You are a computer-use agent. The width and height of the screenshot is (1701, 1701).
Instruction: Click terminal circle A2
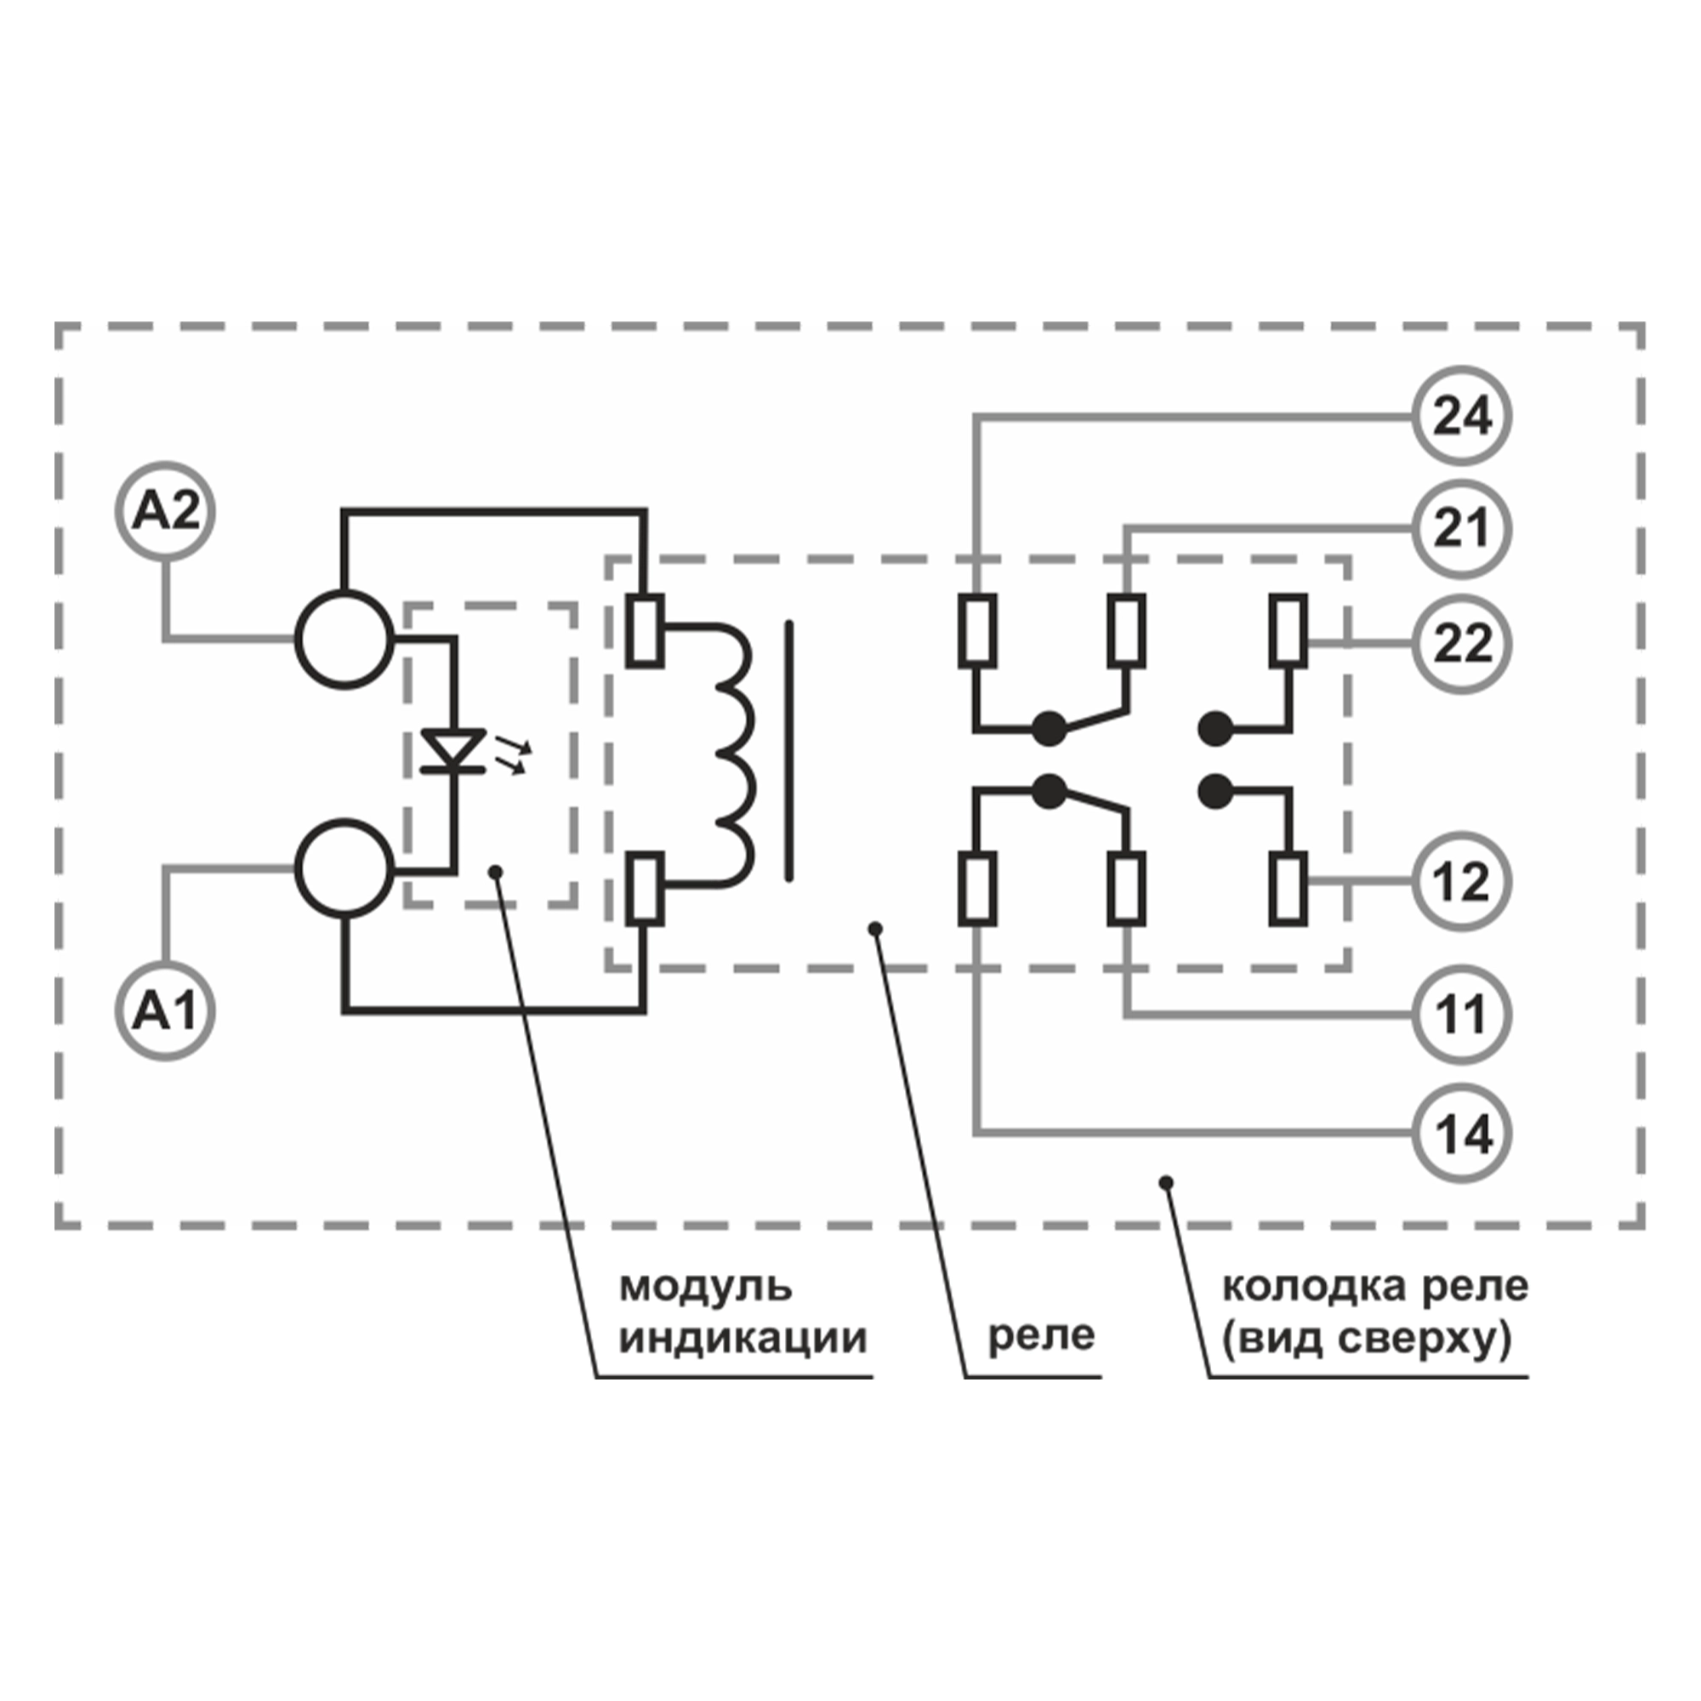[166, 511]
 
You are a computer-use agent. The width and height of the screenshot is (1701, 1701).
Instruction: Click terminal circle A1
[166, 1010]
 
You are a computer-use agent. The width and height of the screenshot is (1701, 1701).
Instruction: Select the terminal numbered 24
[1461, 416]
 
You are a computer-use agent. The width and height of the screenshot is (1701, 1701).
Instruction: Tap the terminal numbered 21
[1461, 528]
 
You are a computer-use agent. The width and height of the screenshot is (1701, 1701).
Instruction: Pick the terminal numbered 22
[1461, 644]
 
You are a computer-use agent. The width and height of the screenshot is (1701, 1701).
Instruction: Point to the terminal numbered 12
[1461, 881]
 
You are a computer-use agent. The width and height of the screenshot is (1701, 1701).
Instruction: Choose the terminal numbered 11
[1461, 1015]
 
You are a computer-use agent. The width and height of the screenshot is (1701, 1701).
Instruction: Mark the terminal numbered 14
[1461, 1133]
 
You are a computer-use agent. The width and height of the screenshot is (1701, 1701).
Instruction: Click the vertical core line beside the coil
[789, 750]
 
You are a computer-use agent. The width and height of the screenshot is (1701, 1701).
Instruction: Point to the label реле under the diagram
[1041, 1335]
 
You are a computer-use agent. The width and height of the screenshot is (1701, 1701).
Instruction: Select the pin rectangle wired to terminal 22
[1288, 630]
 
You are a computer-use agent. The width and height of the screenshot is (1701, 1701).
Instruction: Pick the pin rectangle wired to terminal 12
[1288, 889]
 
